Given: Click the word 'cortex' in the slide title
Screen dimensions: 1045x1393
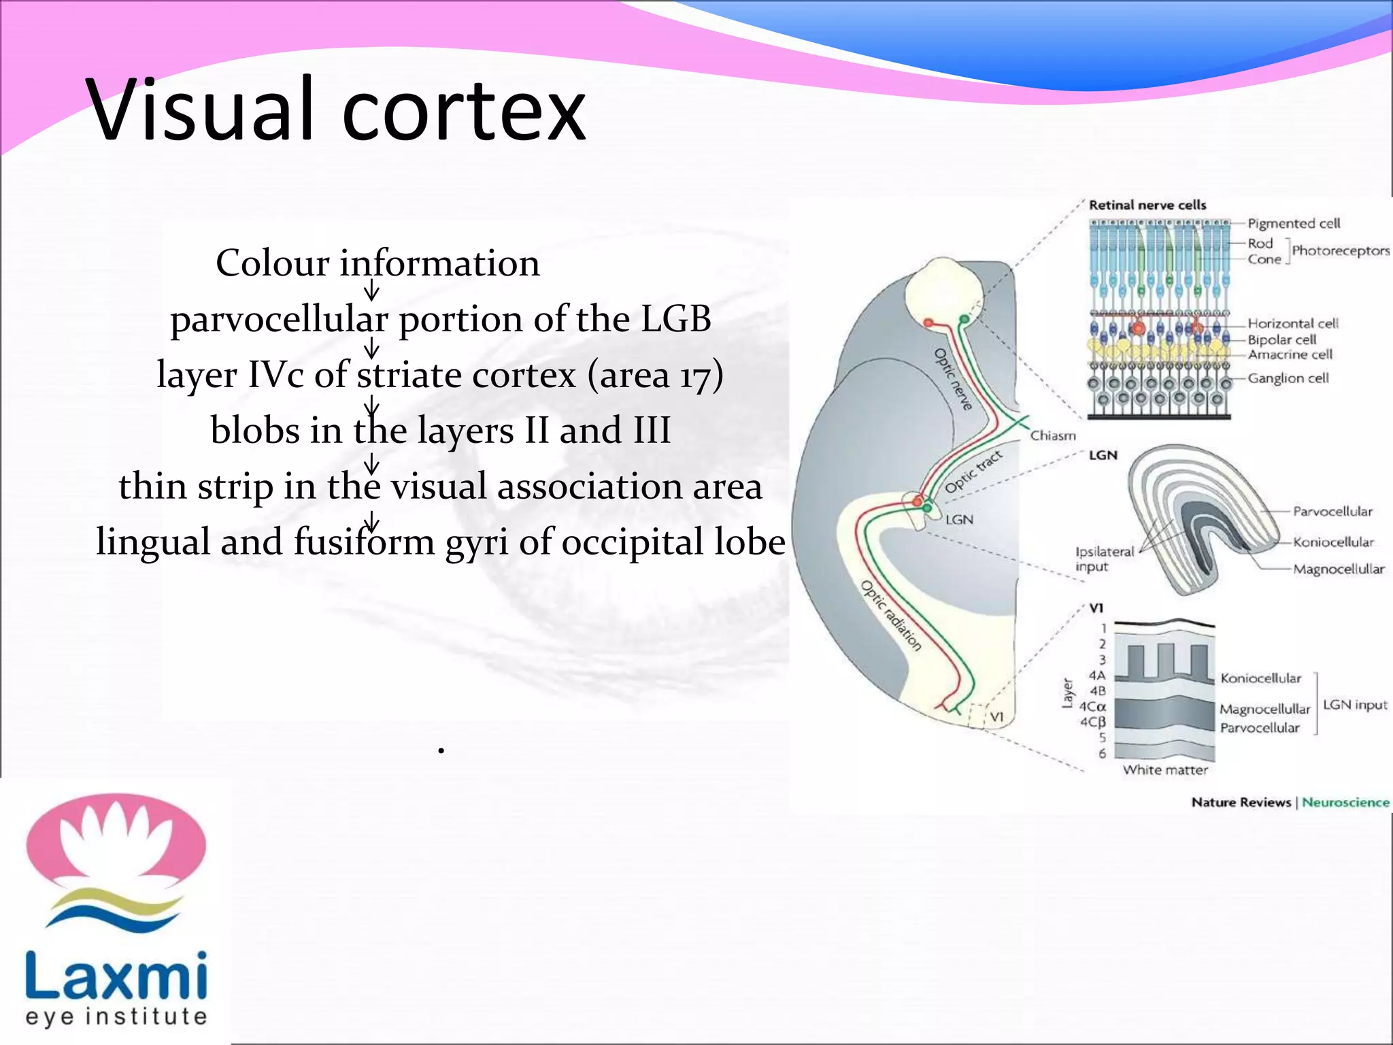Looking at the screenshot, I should pyautogui.click(x=464, y=111).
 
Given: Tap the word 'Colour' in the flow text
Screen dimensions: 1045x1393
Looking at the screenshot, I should pyautogui.click(x=273, y=263).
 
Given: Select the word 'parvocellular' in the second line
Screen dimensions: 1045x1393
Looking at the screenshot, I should pyautogui.click(x=279, y=320).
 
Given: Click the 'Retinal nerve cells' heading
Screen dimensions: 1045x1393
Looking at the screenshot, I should pyautogui.click(x=1147, y=205).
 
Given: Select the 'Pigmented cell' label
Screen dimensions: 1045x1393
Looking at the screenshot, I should pyautogui.click(x=1293, y=223).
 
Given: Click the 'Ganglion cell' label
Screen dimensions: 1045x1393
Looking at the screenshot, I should pyautogui.click(x=1288, y=378).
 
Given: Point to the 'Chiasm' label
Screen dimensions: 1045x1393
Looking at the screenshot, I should pyautogui.click(x=1053, y=435).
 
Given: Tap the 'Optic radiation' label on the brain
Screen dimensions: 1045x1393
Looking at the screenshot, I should pyautogui.click(x=892, y=616).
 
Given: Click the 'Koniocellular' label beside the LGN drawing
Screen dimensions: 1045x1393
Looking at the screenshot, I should pyautogui.click(x=1333, y=542).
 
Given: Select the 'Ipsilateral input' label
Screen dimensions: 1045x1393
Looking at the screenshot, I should pyautogui.click(x=1104, y=559).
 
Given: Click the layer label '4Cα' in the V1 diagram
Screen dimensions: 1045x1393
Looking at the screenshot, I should pyautogui.click(x=1093, y=707).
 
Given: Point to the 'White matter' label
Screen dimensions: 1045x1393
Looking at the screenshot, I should pyautogui.click(x=1165, y=769).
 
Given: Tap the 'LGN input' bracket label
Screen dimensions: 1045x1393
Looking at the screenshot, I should pyautogui.click(x=1355, y=705).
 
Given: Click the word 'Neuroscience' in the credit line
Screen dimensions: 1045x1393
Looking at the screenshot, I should pyautogui.click(x=1345, y=802).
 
